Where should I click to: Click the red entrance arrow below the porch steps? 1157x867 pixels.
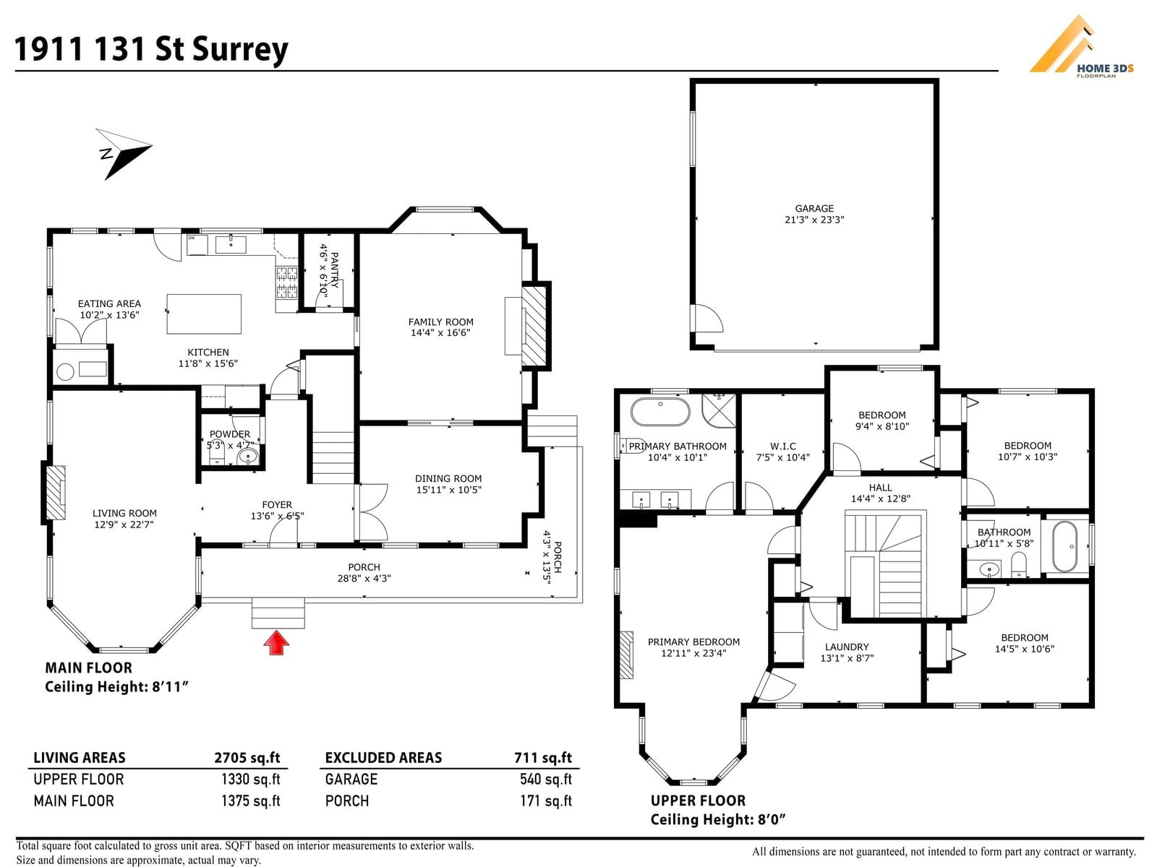(x=276, y=643)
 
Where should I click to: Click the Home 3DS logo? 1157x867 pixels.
(x=1081, y=47)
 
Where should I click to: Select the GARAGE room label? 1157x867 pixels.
(x=814, y=209)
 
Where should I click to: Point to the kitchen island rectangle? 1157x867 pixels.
(x=204, y=314)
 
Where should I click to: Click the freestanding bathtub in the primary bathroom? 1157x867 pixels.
(x=660, y=412)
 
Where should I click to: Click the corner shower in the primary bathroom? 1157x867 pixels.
(x=719, y=410)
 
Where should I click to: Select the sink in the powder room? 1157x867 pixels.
(x=248, y=456)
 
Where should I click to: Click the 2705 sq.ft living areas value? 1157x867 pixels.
(x=247, y=757)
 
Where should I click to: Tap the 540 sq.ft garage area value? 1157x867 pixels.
(x=545, y=779)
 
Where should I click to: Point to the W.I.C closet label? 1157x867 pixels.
(x=782, y=446)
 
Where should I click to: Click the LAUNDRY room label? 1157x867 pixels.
(x=847, y=647)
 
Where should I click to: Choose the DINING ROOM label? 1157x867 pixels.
(x=448, y=478)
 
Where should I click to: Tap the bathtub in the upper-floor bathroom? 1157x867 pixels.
(x=1065, y=547)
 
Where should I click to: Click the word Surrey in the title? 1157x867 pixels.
(x=240, y=50)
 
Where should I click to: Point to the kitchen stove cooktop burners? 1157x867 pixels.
(x=287, y=282)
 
